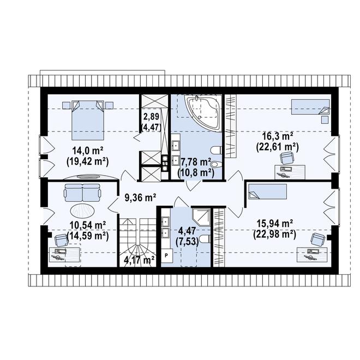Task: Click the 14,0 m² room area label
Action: tap(88, 151)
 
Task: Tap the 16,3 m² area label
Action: tap(277, 137)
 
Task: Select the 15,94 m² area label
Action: tap(274, 223)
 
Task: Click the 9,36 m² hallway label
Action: tap(140, 197)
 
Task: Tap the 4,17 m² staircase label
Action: tap(139, 260)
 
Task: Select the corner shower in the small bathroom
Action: tap(201, 218)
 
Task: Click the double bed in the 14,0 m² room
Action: tap(87, 120)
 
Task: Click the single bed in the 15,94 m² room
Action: tap(268, 191)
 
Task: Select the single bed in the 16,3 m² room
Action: tap(310, 107)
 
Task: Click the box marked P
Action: tap(166, 255)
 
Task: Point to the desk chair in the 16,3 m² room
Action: tap(287, 158)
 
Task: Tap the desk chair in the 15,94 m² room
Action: tap(318, 239)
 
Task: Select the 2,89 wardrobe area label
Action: tap(151, 117)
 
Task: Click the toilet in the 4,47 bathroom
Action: tap(205, 239)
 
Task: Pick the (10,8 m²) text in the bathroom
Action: tap(196, 173)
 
